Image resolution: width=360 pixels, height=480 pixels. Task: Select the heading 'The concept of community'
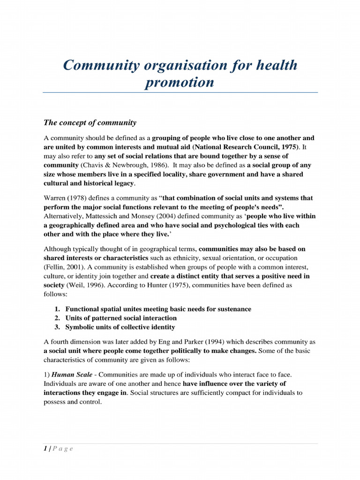90,123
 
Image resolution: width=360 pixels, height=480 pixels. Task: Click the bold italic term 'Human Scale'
70,375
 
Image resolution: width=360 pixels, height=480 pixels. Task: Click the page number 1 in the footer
45,449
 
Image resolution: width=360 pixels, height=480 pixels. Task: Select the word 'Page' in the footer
63,449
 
